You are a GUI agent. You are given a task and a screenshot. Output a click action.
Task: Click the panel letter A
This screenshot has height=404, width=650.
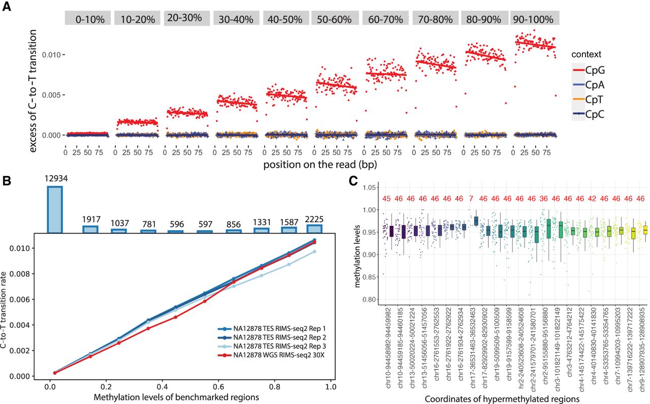[x=7, y=9]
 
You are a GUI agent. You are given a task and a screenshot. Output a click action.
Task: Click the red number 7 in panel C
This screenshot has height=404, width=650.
[x=472, y=198]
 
